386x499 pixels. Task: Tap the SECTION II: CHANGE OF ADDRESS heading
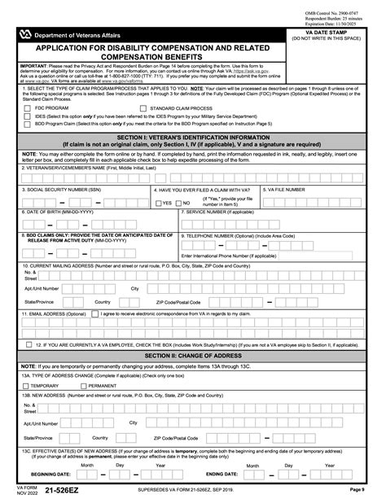(x=193, y=356)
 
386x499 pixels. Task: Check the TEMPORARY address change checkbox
(x=27, y=385)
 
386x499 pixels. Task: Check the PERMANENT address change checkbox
(x=96, y=385)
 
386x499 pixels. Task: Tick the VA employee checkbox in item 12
(x=28, y=344)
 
